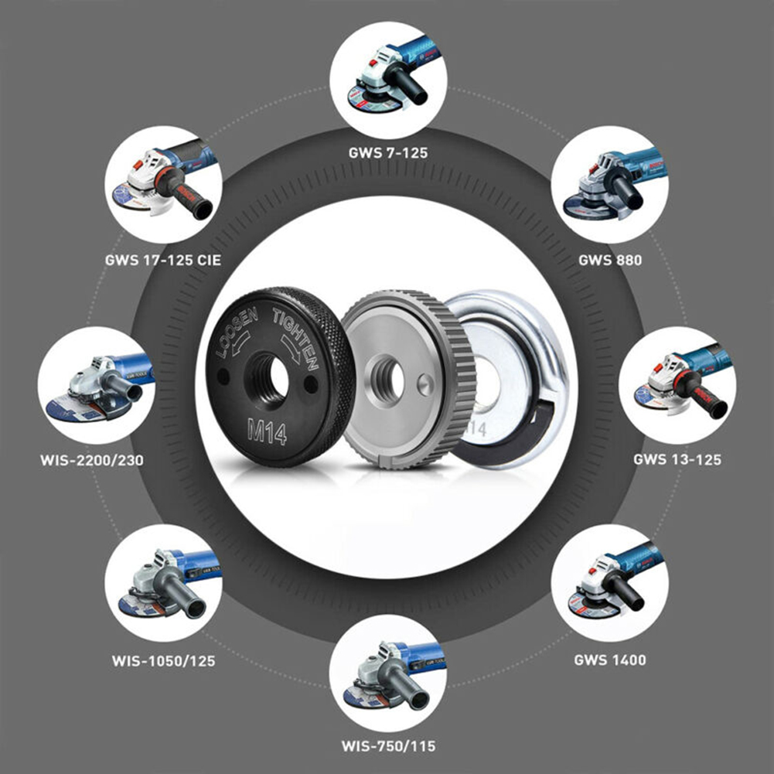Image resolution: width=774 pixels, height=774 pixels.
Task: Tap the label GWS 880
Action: point(609,260)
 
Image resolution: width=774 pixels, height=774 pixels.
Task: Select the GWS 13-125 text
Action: point(677,459)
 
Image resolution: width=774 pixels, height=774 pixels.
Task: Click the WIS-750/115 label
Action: point(388,746)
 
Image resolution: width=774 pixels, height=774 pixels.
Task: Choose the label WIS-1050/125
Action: point(162,661)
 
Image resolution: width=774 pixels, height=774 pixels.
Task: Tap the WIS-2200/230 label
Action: point(91,461)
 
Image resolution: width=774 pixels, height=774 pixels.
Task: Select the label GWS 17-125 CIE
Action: point(162,260)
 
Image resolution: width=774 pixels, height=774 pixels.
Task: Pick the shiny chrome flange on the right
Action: point(514,379)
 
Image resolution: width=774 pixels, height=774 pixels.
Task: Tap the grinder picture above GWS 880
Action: point(609,184)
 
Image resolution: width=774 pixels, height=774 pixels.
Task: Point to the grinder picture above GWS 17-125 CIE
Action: point(162,184)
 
